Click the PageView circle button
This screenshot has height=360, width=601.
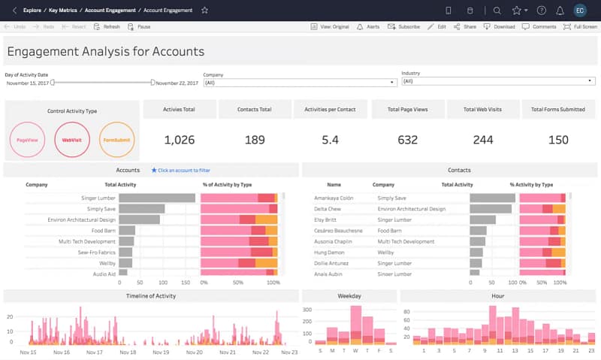pos(27,140)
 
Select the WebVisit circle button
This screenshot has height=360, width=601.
pos(71,140)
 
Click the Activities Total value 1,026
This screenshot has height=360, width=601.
pos(179,140)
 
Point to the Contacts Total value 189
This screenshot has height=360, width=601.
pos(255,140)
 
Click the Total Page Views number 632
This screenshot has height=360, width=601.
pos(407,140)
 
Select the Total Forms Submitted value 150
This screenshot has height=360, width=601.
pos(558,140)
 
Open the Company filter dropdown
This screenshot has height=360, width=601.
pos(300,82)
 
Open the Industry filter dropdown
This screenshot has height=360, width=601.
pos(498,81)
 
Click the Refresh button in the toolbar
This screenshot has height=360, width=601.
pos(107,26)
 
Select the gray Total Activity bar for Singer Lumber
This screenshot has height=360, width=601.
pos(157,198)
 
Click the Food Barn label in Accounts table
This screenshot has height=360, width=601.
pos(103,231)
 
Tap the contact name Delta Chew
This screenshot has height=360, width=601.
pos(328,209)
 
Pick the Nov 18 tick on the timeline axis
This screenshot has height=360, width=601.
pos(128,352)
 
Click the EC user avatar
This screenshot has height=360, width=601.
pos(580,11)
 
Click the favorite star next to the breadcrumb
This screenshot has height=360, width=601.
pos(204,11)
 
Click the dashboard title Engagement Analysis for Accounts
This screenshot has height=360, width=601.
pos(106,52)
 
